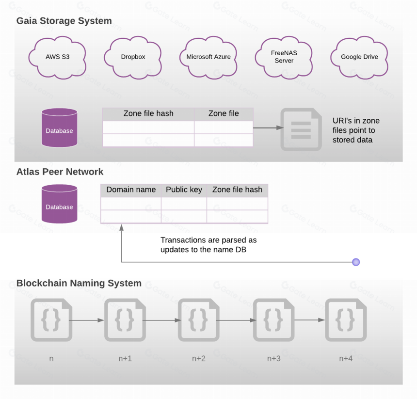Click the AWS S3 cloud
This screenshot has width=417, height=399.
tap(57, 57)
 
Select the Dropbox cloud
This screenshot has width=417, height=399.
tap(133, 57)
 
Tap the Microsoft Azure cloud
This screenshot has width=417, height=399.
tap(208, 57)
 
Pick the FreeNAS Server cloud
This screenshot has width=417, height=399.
tap(284, 57)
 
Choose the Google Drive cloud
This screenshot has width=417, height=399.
tap(359, 57)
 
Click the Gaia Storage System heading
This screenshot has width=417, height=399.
tap(64, 21)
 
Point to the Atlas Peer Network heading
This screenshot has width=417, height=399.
tap(60, 172)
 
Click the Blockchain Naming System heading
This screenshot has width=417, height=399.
tap(79, 283)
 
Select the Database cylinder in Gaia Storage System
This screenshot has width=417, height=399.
tap(59, 128)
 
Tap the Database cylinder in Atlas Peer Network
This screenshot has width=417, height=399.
tap(59, 204)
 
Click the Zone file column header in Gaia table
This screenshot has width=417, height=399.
tap(224, 114)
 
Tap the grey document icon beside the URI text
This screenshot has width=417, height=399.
tap(301, 129)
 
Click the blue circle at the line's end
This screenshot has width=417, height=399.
tap(356, 262)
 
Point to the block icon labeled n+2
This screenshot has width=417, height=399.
tap(199, 320)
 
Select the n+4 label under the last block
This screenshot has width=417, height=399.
tap(346, 359)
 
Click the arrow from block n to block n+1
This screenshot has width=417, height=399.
tap(87, 320)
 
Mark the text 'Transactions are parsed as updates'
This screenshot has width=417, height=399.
tap(208, 245)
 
